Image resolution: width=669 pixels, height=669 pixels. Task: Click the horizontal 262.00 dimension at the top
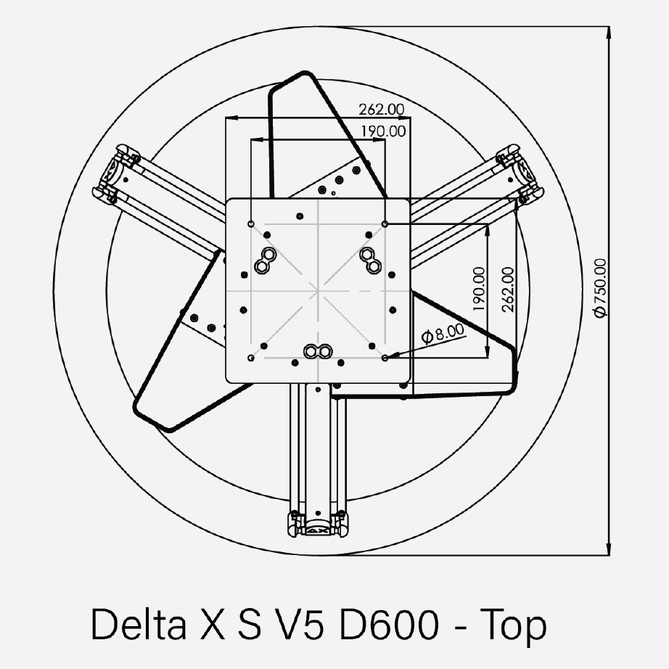click(x=381, y=110)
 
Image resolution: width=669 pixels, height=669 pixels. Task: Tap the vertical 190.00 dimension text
click(x=478, y=290)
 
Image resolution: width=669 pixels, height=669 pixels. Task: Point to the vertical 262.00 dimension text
click(x=507, y=290)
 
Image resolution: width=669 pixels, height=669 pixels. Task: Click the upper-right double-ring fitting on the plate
click(x=371, y=259)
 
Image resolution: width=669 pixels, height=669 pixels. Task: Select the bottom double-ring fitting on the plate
click(x=318, y=351)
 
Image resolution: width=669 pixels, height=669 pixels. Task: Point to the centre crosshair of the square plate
click(x=319, y=290)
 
